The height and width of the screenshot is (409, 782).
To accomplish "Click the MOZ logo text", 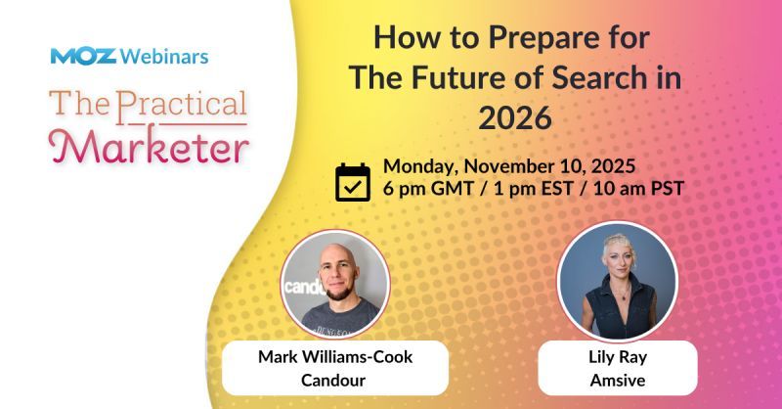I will point(83,56).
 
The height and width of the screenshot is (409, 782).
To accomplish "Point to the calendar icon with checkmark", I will point(353,182).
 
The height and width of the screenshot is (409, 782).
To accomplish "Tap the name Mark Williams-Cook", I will point(335,356).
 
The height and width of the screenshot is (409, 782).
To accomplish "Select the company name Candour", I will point(335,378).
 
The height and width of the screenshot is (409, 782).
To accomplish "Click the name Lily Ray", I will point(617,356).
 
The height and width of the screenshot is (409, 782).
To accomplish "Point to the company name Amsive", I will point(617,378).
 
